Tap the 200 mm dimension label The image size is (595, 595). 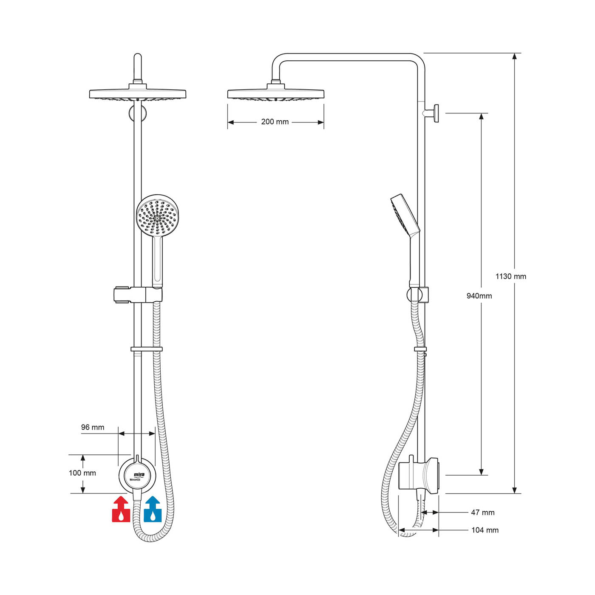coord(275,122)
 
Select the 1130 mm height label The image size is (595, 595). coord(510,277)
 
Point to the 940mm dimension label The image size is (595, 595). coord(479,296)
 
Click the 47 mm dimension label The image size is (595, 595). coord(482,513)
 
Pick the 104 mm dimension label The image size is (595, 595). coord(484,530)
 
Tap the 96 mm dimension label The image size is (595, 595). coord(93,428)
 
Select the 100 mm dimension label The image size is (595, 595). coord(82,473)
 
